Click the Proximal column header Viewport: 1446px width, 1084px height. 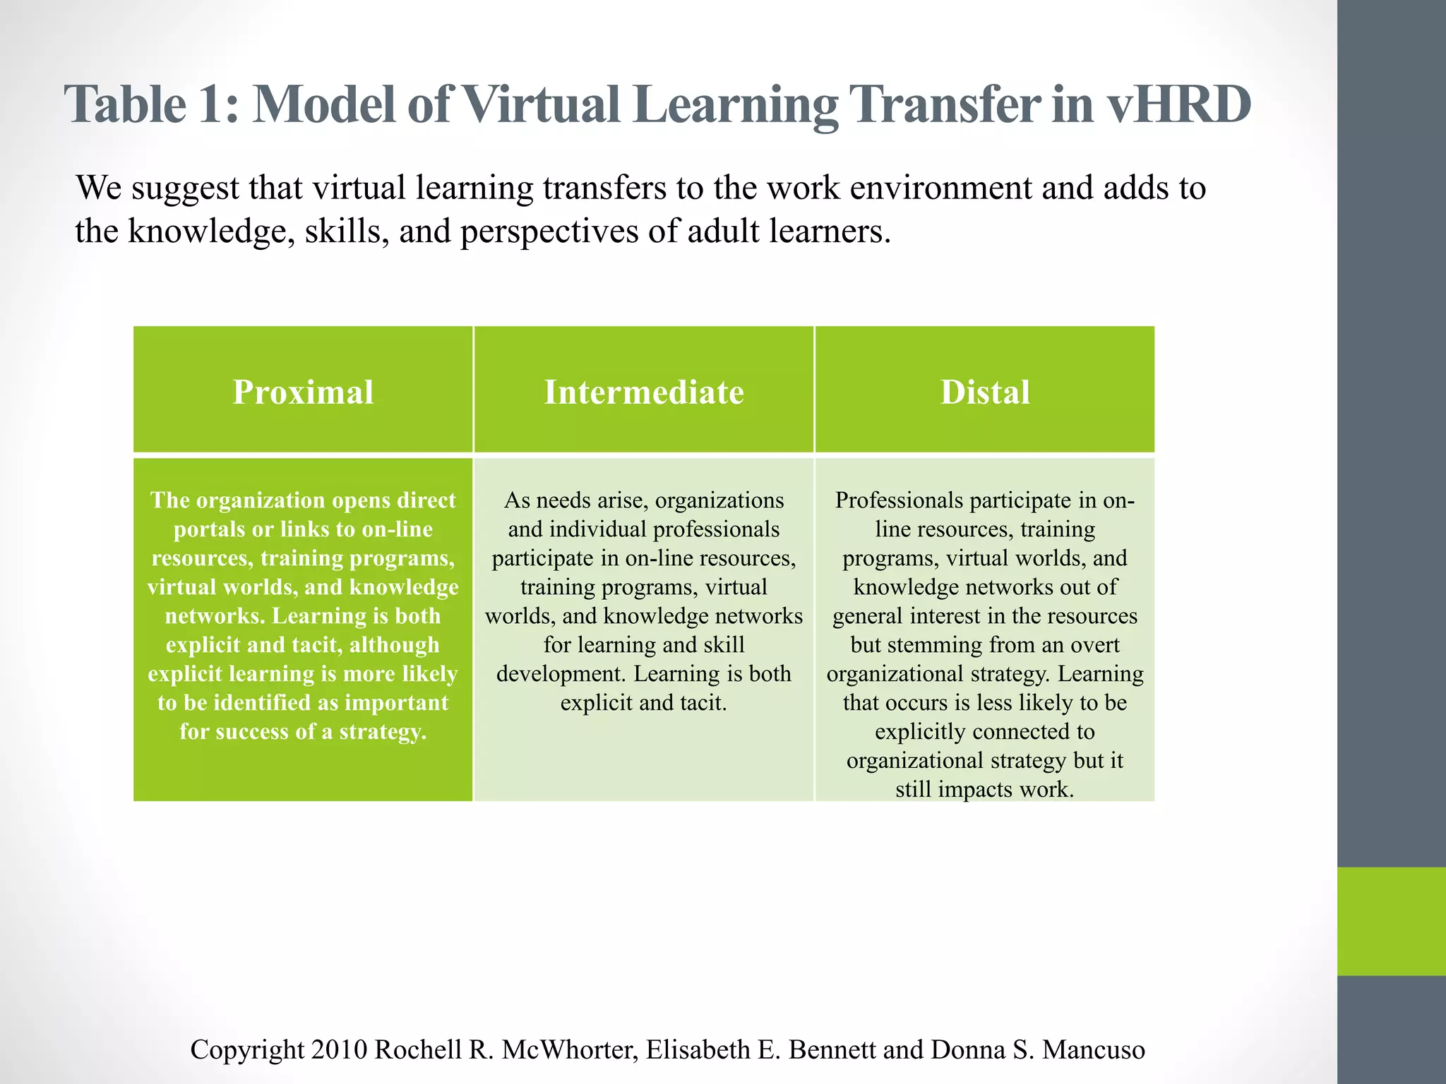click(x=303, y=392)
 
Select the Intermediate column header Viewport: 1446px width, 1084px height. click(x=644, y=392)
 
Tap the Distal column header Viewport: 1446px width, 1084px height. click(x=985, y=392)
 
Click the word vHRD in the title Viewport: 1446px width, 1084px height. click(x=1178, y=104)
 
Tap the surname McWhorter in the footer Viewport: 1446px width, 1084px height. click(x=569, y=1049)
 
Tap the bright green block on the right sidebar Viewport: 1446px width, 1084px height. click(x=1391, y=921)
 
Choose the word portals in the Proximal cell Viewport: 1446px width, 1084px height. click(x=209, y=529)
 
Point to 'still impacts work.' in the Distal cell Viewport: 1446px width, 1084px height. click(x=984, y=789)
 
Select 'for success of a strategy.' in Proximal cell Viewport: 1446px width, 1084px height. click(x=303, y=731)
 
